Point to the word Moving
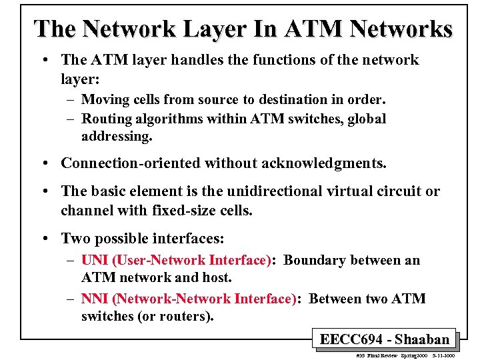tap(103, 99)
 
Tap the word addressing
tap(117, 137)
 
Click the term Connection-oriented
tap(131, 163)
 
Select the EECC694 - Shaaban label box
tap(385, 339)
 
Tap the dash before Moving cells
tap(71, 100)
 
